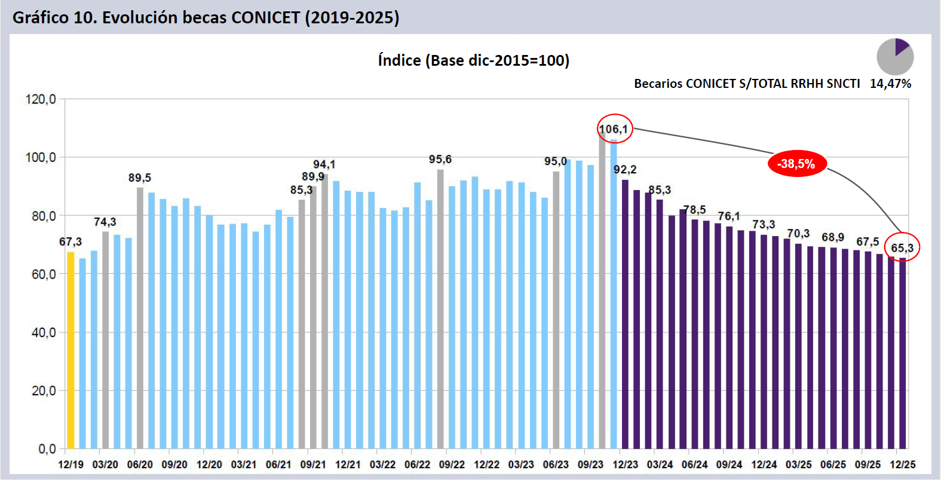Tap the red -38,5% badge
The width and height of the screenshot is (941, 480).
click(x=796, y=164)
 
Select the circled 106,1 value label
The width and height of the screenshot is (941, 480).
click(x=614, y=129)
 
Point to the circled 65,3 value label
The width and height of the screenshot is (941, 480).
click(x=902, y=247)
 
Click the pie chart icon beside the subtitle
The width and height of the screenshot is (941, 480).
click(x=894, y=57)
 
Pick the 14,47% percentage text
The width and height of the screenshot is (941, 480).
click(x=890, y=84)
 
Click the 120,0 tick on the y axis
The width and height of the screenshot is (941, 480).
click(x=41, y=99)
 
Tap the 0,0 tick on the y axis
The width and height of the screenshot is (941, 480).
click(x=47, y=448)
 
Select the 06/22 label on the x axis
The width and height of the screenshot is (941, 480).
click(x=417, y=464)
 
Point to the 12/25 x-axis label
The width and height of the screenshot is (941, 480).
click(x=902, y=464)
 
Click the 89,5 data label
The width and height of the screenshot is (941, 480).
click(x=140, y=178)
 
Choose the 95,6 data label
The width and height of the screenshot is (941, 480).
click(x=440, y=160)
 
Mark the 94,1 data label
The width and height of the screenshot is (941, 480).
click(x=324, y=164)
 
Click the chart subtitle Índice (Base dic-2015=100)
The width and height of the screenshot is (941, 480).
click(x=473, y=60)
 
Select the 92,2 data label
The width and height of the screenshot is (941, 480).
click(x=625, y=170)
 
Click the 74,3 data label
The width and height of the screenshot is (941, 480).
click(x=105, y=222)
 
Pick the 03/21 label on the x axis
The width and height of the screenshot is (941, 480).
click(x=244, y=464)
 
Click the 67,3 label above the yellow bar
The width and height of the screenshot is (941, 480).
click(x=71, y=242)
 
